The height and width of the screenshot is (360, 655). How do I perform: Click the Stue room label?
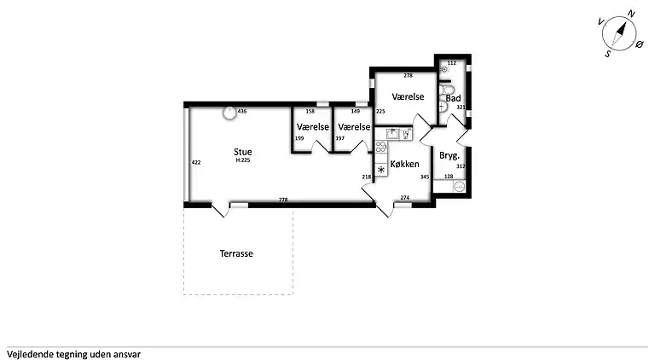click(x=243, y=152)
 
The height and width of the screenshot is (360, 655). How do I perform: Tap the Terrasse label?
click(x=236, y=253)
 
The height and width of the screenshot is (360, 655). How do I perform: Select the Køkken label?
click(x=405, y=164)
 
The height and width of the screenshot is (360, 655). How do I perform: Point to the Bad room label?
click(x=453, y=99)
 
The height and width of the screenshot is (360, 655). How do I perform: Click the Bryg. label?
click(x=449, y=156)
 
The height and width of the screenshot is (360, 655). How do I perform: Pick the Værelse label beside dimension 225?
click(x=409, y=96)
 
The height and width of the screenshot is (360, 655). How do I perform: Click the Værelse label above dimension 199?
click(x=313, y=126)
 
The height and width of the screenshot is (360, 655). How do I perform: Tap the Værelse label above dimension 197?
click(x=354, y=126)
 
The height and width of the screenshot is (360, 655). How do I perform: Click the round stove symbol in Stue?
click(x=229, y=113)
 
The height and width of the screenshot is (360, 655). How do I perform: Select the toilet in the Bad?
click(x=446, y=90)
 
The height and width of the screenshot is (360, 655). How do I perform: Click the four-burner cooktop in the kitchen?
click(x=380, y=147)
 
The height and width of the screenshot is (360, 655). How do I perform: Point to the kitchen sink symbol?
click(x=392, y=134)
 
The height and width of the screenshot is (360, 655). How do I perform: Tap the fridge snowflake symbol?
click(x=381, y=170)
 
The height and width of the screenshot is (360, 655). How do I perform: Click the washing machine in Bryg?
click(x=460, y=186)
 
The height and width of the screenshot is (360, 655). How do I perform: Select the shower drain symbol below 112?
click(x=444, y=69)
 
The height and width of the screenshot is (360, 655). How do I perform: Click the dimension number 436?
click(x=242, y=112)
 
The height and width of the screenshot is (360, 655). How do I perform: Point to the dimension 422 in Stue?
click(x=196, y=162)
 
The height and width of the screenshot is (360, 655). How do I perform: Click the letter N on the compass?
click(x=631, y=15)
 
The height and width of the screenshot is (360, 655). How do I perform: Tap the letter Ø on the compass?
click(x=640, y=44)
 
